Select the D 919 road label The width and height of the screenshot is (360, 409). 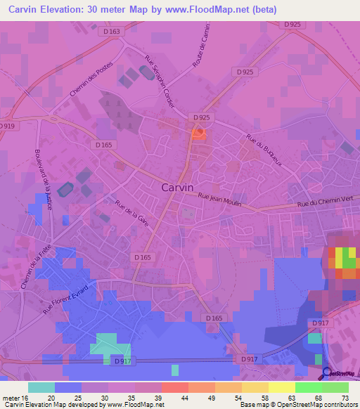[7, 126]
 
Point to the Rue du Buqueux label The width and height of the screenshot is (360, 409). [264, 150]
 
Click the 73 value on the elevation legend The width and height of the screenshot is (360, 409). [344, 398]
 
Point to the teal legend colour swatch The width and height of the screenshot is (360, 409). [41, 387]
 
